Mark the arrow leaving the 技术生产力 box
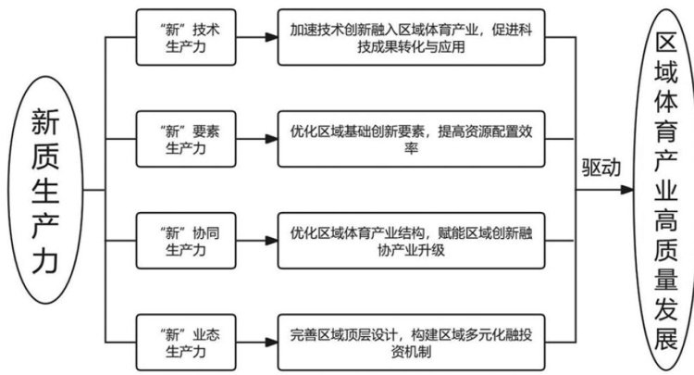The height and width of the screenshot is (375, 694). pyautogui.click(x=255, y=38)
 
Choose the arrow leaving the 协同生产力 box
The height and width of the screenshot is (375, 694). pyautogui.click(x=255, y=239)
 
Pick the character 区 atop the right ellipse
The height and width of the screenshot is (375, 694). pyautogui.click(x=665, y=45)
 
